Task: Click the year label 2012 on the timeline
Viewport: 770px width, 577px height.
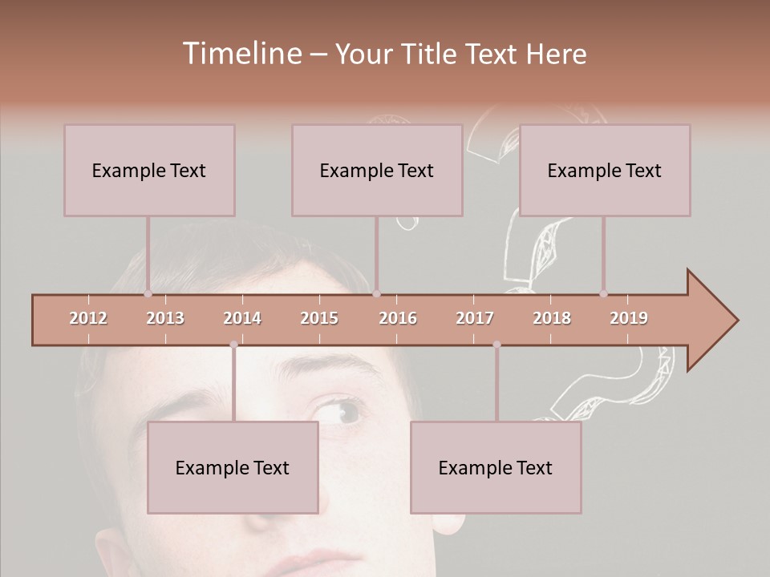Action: point(88,318)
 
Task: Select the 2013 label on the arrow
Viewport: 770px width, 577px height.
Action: point(165,318)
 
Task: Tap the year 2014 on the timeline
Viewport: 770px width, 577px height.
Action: point(242,318)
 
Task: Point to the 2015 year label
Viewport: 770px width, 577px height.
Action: point(319,318)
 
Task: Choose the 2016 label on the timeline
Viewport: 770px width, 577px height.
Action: point(398,318)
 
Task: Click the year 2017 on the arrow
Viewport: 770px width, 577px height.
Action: point(475,318)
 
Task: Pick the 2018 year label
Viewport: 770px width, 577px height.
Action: point(552,318)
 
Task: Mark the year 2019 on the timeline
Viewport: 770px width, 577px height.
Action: point(629,318)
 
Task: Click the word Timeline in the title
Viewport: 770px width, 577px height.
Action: point(241,54)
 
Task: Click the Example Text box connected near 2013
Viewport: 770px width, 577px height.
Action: point(149,170)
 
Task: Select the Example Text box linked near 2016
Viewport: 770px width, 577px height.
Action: point(377,170)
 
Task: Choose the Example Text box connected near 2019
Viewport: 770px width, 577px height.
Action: point(605,170)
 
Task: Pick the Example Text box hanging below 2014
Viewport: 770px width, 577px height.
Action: point(233,467)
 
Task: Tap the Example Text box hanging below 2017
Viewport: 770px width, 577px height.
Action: point(496,467)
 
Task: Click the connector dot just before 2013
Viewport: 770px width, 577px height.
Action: point(148,294)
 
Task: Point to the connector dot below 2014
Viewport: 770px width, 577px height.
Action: point(233,345)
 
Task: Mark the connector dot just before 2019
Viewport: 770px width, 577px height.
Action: point(604,294)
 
